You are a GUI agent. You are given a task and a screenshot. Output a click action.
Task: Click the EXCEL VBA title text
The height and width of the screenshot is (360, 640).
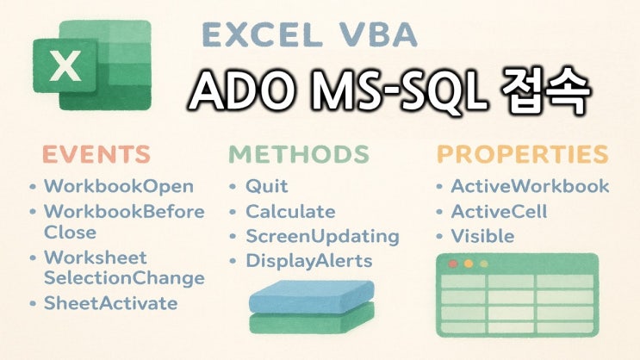[309, 35]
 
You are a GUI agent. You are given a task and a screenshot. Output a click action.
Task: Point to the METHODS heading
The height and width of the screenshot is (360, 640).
[298, 154]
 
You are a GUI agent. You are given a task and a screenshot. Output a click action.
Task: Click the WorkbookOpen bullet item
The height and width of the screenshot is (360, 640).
[118, 186]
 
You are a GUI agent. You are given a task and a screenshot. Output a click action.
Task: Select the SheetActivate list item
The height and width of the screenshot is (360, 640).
[110, 302]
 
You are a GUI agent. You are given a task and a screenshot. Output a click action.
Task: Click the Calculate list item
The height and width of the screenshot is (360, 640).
[290, 211]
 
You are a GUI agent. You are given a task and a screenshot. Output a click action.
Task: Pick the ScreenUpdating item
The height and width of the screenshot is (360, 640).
[322, 236]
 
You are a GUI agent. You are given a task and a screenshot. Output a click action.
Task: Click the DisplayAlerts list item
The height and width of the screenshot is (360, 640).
[308, 261]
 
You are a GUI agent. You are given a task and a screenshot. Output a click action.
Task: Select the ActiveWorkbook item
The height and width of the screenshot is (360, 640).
[530, 186]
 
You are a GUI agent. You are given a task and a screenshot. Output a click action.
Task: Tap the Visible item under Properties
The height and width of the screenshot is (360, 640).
[482, 236]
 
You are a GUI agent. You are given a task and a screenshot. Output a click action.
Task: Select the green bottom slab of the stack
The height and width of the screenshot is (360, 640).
[311, 322]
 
